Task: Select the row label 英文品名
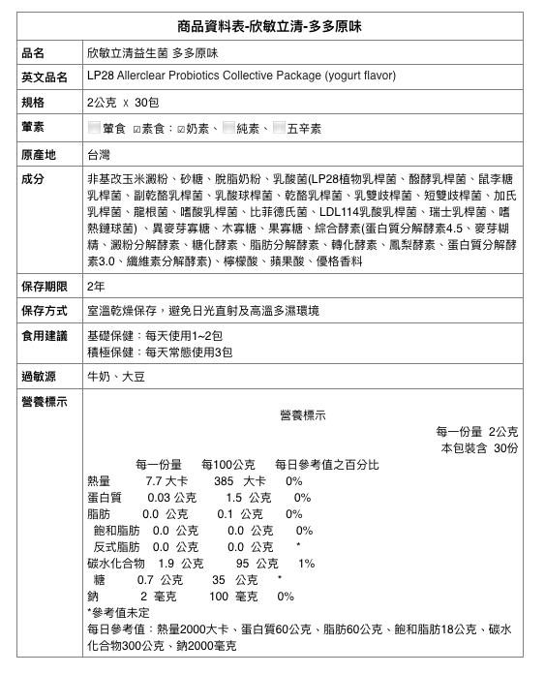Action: point(44,77)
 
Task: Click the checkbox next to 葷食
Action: point(94,128)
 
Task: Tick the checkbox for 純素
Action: point(228,128)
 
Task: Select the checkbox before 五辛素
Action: point(280,128)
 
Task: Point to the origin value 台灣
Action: point(99,154)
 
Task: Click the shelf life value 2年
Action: point(96,286)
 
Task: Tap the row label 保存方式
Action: point(44,311)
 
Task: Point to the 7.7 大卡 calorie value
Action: point(166,481)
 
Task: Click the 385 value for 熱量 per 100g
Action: point(224,481)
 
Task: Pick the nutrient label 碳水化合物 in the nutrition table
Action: point(116,563)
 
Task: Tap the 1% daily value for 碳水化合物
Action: point(307,563)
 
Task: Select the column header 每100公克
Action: point(227,464)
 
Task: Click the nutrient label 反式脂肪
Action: point(117,546)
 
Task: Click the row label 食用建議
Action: point(44,336)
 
